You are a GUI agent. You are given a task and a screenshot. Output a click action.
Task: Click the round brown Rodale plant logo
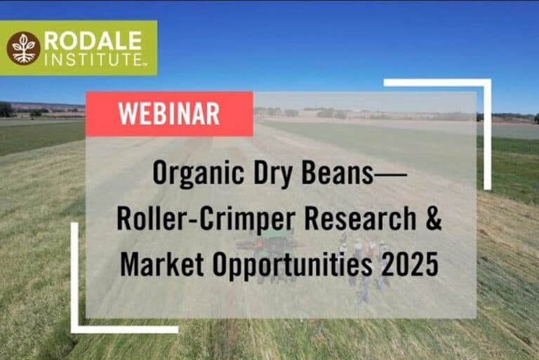pos(23,48)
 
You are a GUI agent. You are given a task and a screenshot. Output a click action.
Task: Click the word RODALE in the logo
pos(93,41)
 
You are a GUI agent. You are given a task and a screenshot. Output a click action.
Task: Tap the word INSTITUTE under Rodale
pos(91,59)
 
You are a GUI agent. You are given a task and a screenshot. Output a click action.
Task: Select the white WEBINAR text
pos(169,114)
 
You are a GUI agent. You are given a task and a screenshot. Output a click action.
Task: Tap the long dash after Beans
pos(390,174)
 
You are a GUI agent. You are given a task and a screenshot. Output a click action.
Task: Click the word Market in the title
pos(161,264)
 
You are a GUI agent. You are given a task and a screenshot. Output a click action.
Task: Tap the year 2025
pos(410,264)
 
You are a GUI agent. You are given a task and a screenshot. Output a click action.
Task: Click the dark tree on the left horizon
pos(6,110)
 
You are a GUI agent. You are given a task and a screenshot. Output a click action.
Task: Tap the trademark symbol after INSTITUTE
pos(144,63)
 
